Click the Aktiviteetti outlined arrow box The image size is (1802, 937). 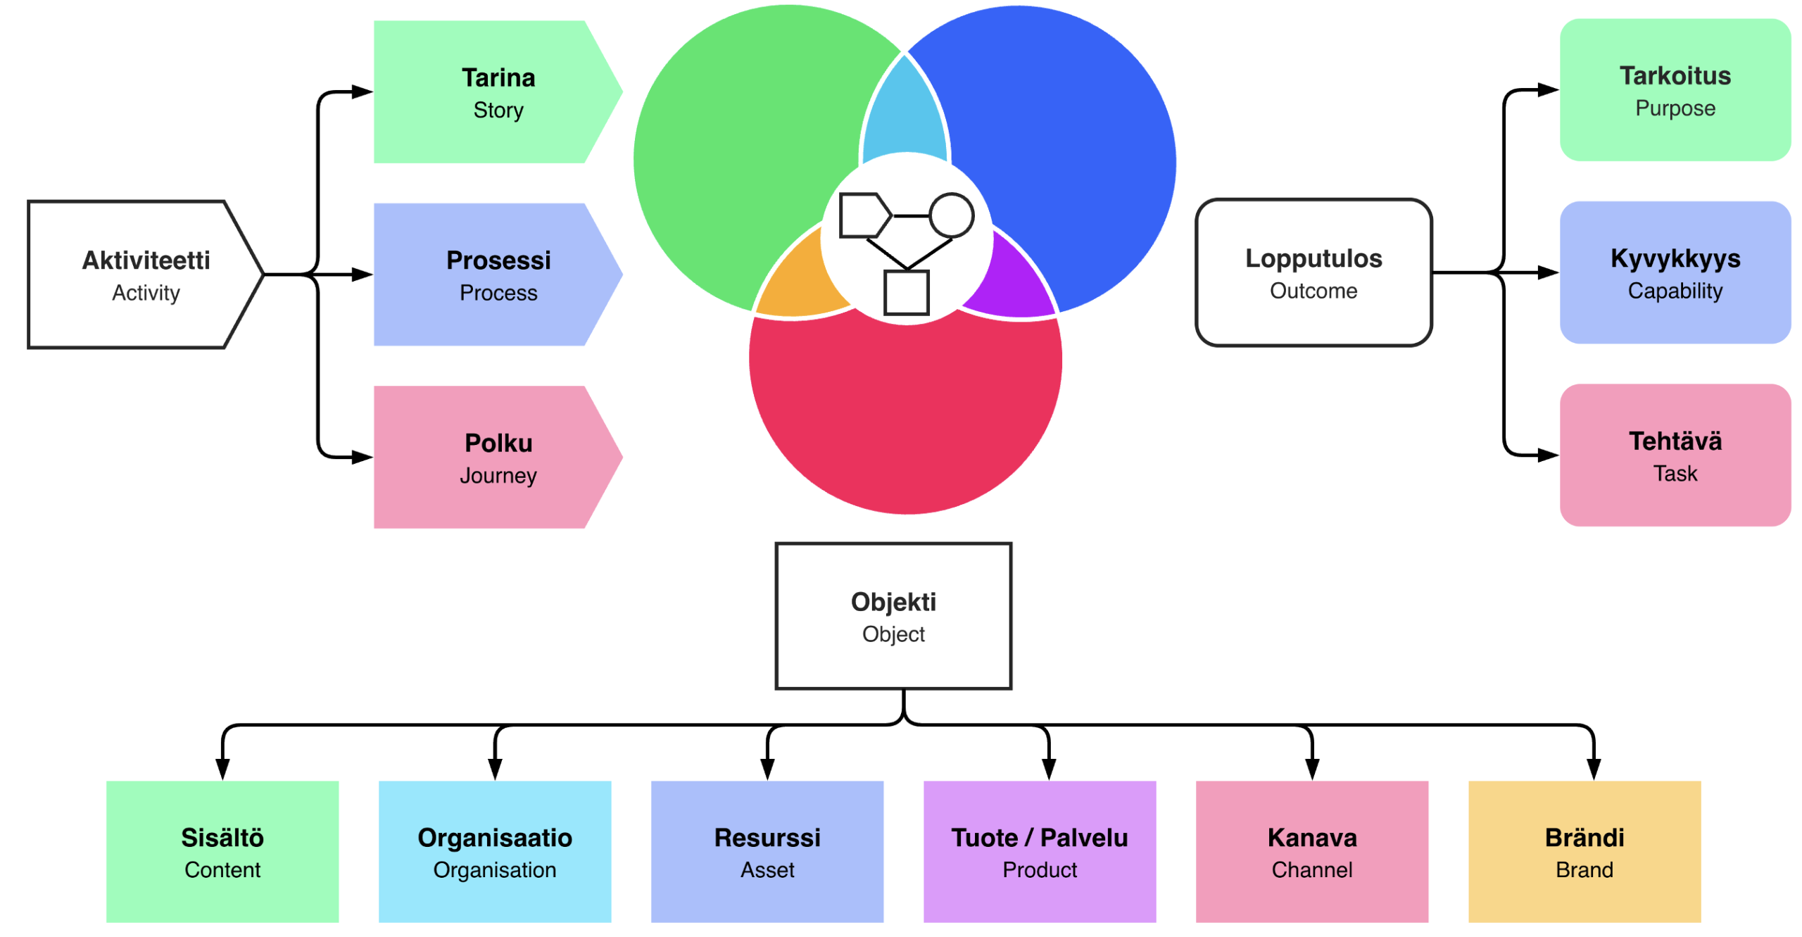145,274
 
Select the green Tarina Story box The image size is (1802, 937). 497,92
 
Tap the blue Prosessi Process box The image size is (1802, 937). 497,274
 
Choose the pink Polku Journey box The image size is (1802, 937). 497,457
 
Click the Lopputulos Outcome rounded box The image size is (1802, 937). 1313,272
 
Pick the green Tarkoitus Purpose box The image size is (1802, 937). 1675,89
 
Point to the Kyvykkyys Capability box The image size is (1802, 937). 1675,272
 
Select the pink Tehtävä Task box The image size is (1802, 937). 1675,455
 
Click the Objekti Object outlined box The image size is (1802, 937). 893,616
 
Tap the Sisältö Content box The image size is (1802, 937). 222,852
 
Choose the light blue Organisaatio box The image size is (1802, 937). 495,852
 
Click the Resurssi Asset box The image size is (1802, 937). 767,852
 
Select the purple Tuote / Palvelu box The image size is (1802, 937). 1040,852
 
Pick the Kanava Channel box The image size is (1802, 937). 1312,852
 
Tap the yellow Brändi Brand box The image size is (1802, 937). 1584,852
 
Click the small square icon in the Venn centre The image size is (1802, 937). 907,292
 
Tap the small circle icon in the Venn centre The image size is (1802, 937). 952,215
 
